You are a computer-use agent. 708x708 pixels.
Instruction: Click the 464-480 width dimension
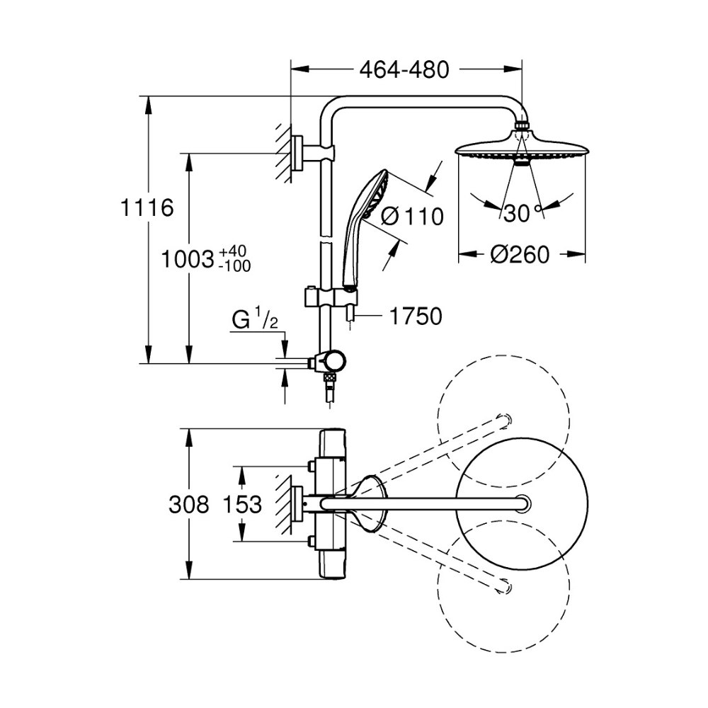[404, 69]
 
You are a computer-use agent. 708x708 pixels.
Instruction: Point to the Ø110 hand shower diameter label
[412, 217]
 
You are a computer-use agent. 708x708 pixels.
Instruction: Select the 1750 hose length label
[416, 316]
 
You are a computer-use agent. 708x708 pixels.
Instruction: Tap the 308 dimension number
[189, 504]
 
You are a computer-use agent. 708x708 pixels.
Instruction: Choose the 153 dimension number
[243, 504]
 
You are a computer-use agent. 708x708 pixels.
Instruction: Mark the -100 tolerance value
[234, 265]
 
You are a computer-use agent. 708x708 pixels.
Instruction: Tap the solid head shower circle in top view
[523, 503]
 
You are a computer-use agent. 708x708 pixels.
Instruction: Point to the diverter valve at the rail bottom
[329, 361]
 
